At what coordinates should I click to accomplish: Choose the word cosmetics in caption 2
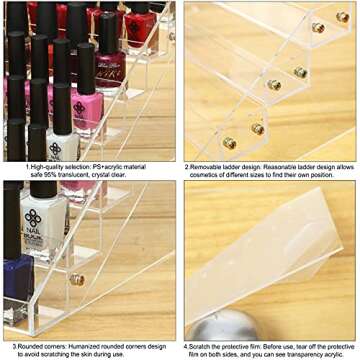203,175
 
